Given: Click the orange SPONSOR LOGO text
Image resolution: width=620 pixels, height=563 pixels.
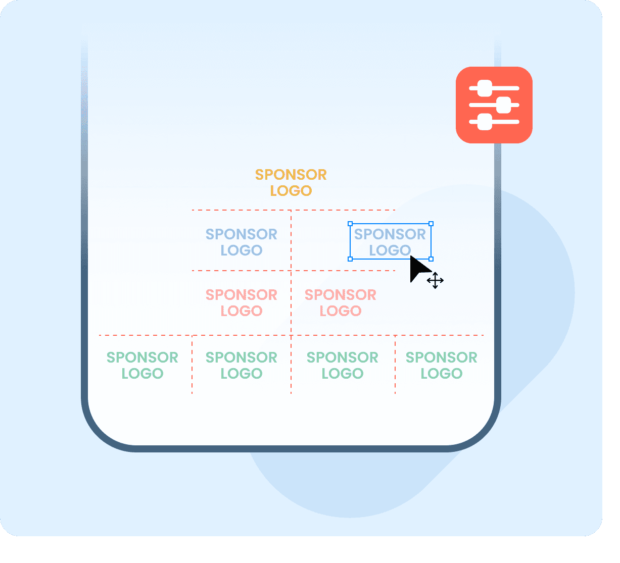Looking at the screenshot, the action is tap(291, 182).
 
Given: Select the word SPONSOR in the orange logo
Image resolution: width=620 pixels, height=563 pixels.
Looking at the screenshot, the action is tap(291, 175).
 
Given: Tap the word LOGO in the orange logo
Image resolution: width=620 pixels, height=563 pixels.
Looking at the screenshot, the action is tap(291, 191).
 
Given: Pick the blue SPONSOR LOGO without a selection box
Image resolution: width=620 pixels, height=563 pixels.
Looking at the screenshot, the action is tap(241, 242).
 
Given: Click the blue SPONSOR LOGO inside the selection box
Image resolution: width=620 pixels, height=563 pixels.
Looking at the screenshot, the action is tap(390, 242).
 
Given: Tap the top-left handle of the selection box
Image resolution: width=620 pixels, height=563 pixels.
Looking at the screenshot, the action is tap(350, 224).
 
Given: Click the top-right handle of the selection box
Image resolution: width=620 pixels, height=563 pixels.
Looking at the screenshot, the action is tap(431, 224).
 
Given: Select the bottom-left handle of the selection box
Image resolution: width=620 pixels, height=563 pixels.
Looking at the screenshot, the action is tap(350, 259).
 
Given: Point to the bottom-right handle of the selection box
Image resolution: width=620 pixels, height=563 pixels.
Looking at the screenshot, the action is tap(431, 259).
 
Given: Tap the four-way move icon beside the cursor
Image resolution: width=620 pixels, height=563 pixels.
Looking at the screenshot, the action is tap(435, 280).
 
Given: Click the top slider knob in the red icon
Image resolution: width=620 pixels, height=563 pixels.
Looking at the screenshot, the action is tap(484, 88).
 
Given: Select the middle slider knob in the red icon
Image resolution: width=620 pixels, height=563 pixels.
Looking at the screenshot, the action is tap(503, 105).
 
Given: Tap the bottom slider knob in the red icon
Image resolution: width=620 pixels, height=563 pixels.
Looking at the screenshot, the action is tap(484, 122).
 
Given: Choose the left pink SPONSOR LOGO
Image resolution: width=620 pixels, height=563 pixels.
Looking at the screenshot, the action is tap(241, 302).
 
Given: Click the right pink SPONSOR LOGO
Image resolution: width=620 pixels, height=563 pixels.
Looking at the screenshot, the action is tap(340, 302).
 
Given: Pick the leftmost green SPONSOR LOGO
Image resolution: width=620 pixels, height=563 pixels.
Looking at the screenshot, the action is tap(142, 365).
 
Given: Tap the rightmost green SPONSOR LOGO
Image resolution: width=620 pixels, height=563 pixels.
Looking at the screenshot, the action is tap(441, 365).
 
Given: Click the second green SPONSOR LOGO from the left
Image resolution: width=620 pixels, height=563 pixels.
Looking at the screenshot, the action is tap(241, 365).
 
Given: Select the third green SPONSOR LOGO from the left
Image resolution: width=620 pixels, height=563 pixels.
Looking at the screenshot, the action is tap(342, 365).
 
